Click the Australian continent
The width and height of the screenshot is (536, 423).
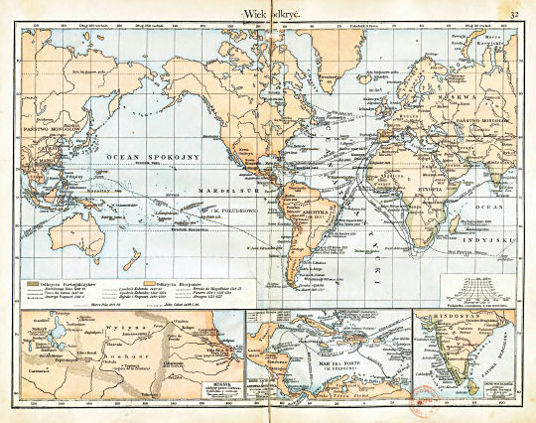(x=57, y=239)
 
